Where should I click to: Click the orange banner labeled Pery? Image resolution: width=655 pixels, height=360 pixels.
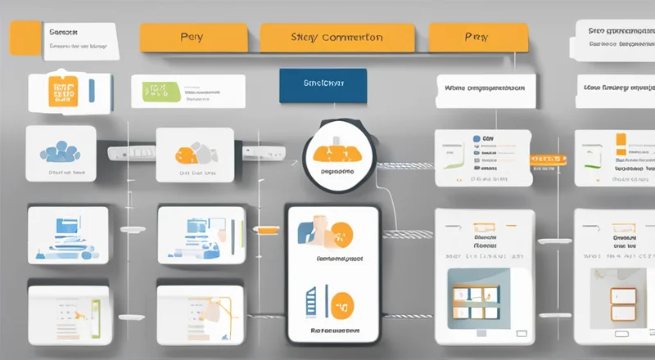coord(193,38)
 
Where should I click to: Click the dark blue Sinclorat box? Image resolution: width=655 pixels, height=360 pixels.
coord(323,83)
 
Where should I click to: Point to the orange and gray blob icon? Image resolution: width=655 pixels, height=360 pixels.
coord(193,151)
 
